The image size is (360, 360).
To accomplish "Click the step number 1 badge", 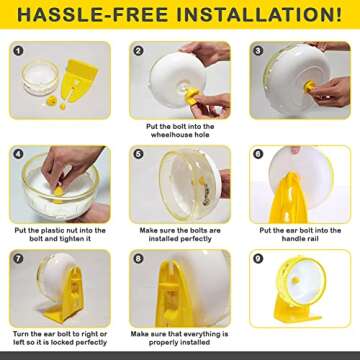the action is point(18,51).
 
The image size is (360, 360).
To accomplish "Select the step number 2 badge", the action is point(138,51).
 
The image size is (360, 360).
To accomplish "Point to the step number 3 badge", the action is point(258,51).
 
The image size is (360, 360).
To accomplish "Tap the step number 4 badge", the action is point(18,154).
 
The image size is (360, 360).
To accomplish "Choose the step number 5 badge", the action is point(138,154).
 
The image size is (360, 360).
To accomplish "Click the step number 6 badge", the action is point(258,154).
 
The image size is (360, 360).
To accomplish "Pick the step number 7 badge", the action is point(18,258).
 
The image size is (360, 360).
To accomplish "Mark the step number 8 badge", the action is point(138,258).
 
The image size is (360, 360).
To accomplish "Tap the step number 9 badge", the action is point(258,258).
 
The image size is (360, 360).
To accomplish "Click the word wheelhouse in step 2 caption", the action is point(171,135).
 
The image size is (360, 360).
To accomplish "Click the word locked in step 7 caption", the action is point(69,342).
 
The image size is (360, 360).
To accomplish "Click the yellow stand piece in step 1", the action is point(79,80).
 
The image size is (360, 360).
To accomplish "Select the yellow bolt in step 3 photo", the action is point(310,86).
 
